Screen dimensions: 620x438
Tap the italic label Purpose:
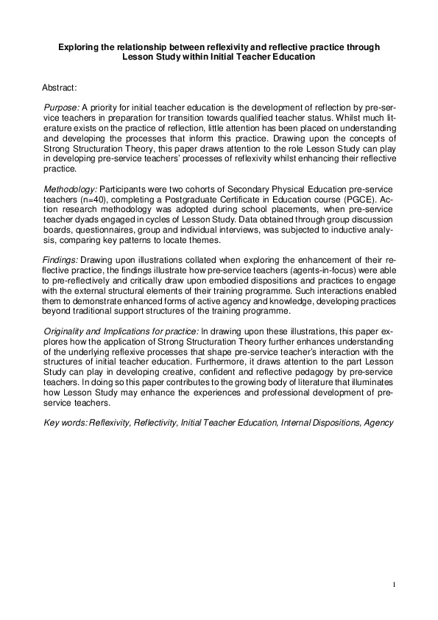tap(62, 108)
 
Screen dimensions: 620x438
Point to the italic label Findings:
tap(61, 261)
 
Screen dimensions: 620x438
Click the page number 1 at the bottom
tap(394, 585)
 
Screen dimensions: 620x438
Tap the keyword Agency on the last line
tap(377, 423)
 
